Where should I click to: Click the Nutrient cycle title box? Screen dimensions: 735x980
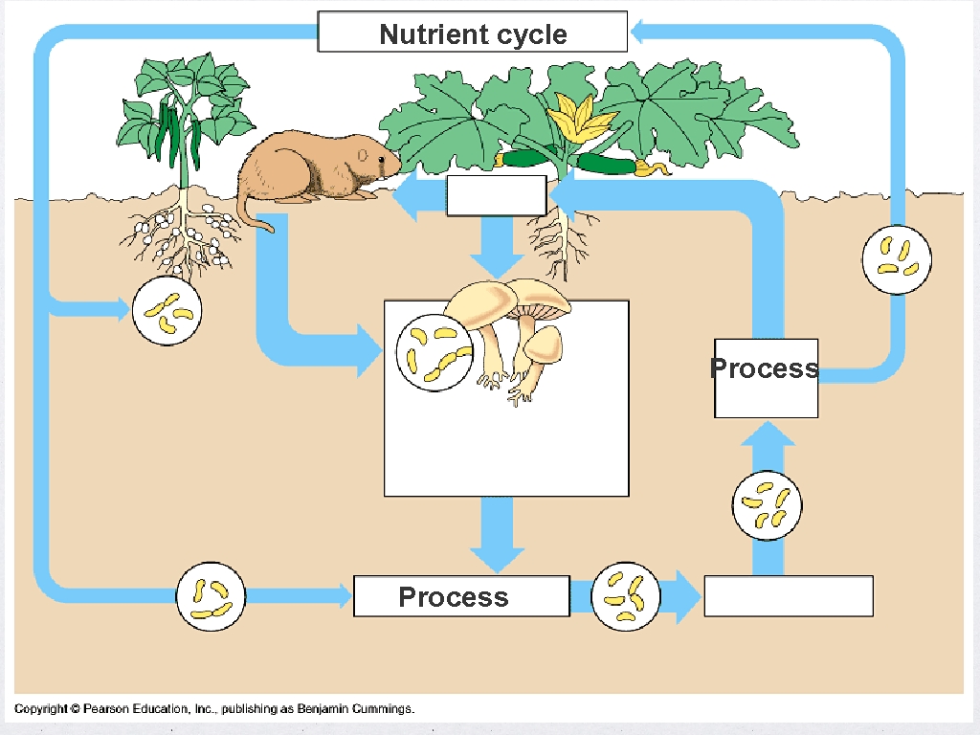pyautogui.click(x=473, y=33)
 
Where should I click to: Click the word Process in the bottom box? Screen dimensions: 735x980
pyautogui.click(x=453, y=597)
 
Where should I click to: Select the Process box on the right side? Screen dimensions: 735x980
pyautogui.click(x=766, y=377)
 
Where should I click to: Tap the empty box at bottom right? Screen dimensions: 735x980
pyautogui.click(x=789, y=595)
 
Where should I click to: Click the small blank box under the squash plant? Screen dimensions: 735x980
pyautogui.click(x=497, y=196)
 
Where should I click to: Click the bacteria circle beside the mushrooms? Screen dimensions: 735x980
pyautogui.click(x=434, y=351)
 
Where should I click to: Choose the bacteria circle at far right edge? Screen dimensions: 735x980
pyautogui.click(x=897, y=258)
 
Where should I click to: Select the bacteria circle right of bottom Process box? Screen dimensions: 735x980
pyautogui.click(x=626, y=597)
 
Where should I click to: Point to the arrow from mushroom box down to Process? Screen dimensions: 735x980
pyautogui.click(x=498, y=536)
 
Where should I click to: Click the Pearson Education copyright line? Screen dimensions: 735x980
pyautogui.click(x=214, y=709)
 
